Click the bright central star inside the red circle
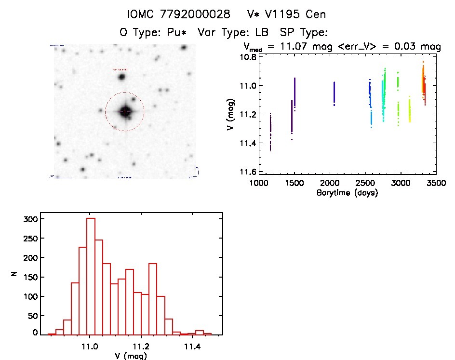click(125, 111)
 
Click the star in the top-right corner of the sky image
click(184, 48)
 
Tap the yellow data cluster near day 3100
click(410, 111)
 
